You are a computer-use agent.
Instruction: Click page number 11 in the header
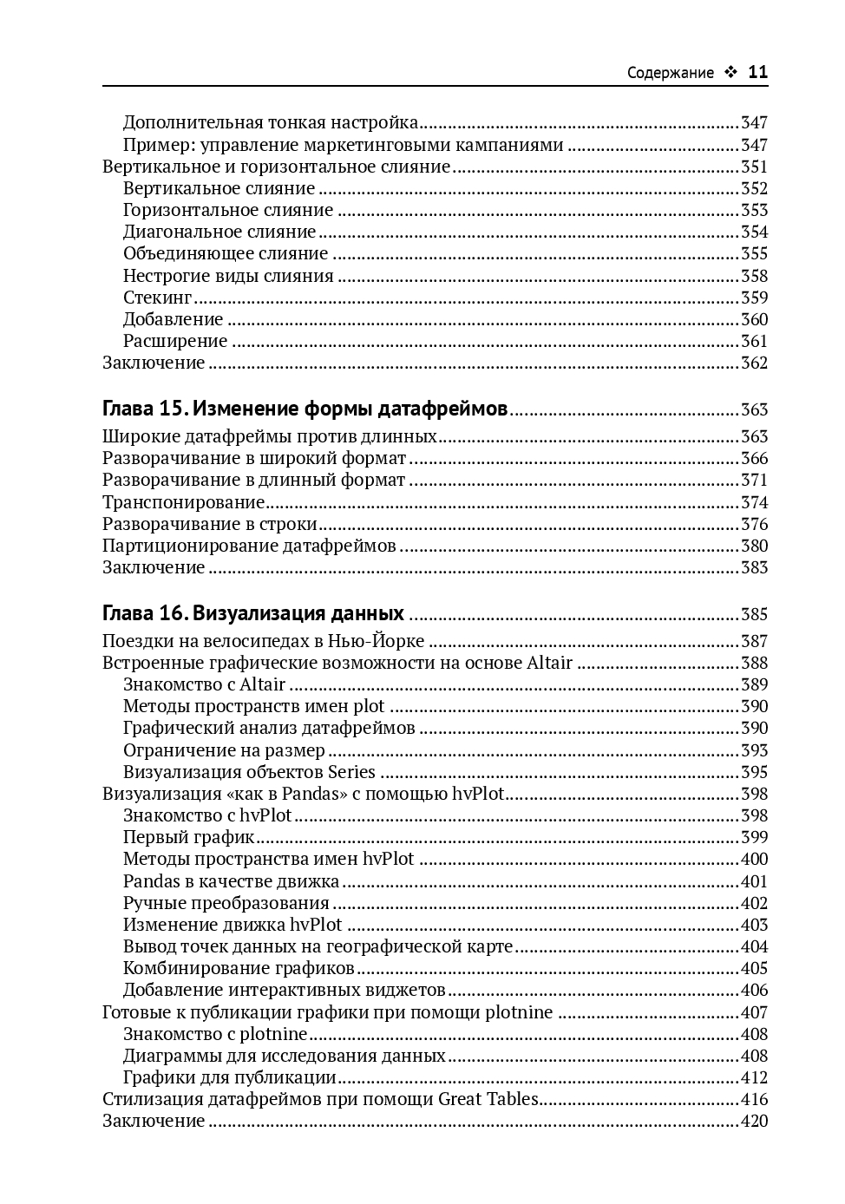pos(757,72)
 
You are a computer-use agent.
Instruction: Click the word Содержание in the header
pos(670,73)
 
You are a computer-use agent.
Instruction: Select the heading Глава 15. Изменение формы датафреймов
pos(305,409)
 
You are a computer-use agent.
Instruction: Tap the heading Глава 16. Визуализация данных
pos(253,613)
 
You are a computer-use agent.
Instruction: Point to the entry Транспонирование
pos(183,502)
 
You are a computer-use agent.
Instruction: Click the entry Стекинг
pos(157,298)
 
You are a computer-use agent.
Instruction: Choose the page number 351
pos(754,167)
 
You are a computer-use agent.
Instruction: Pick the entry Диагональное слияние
pos(219,232)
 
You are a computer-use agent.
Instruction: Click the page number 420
pos(754,1121)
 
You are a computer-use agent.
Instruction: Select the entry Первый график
pos(188,837)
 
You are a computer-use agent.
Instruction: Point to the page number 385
pos(754,614)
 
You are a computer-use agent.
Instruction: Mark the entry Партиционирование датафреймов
pos(249,546)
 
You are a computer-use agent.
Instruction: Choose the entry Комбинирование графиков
pos(239,968)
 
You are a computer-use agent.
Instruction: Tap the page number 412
pos(754,1077)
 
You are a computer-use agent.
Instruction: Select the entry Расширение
pos(175,341)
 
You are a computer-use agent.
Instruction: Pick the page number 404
pos(754,946)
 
